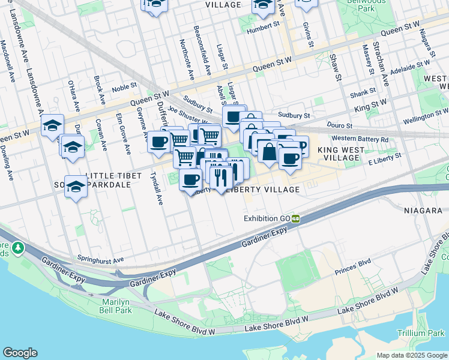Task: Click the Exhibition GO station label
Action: point(267,218)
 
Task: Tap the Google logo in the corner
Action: point(20,353)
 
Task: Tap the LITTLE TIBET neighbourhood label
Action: point(114,176)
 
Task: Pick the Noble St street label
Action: point(125,87)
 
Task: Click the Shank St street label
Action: point(363,91)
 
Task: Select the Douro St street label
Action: point(339,126)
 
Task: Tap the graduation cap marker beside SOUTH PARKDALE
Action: point(76,187)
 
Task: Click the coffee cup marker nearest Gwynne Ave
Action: point(159,142)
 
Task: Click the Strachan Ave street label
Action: point(382,63)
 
